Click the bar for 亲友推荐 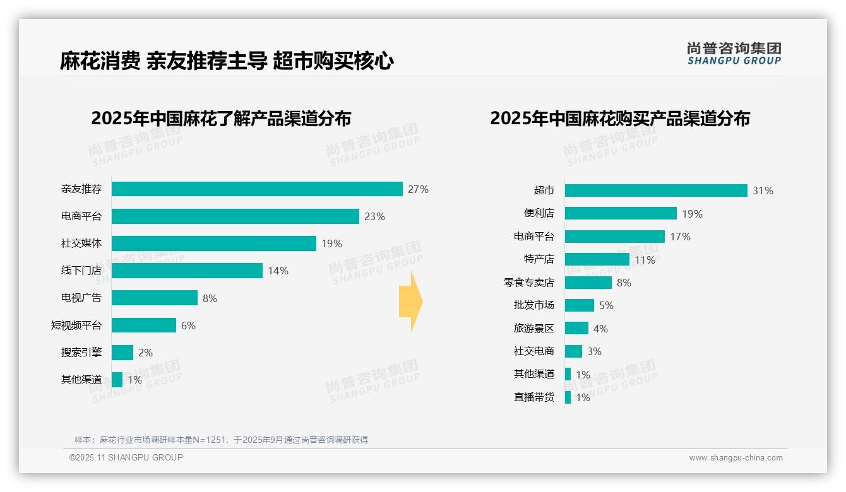257,189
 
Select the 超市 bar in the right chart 656,190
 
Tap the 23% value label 374,216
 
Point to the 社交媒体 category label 81,243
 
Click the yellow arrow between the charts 411,302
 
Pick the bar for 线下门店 187,271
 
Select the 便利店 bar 621,213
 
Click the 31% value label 763,190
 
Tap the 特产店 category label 539,259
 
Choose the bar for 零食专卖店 588,283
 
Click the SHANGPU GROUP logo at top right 734,54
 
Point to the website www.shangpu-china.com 736,458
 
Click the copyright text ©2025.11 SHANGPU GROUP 126,457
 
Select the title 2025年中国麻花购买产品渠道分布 620,119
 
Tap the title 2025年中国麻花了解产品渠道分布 221,119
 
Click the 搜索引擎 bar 122,353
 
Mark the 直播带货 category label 533,397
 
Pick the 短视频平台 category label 76,325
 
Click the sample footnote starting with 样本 221,440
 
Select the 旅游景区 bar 576,328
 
